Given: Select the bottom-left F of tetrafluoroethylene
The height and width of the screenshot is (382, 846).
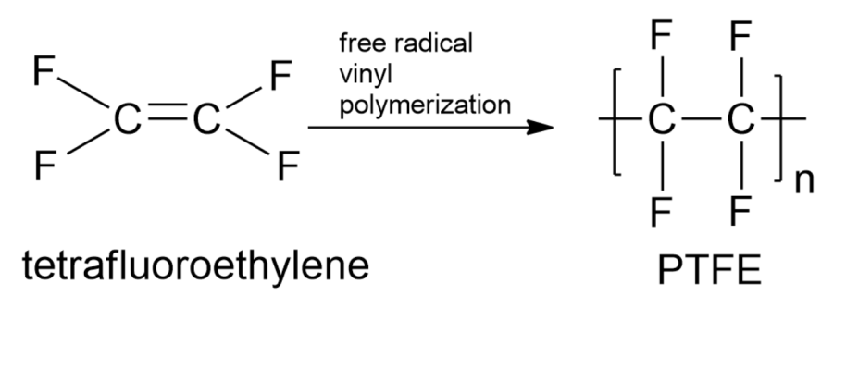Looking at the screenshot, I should [x=43, y=166].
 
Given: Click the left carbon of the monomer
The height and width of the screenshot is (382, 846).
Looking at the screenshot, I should [x=125, y=122].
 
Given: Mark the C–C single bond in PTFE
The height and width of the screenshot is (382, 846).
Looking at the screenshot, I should [x=700, y=121].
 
